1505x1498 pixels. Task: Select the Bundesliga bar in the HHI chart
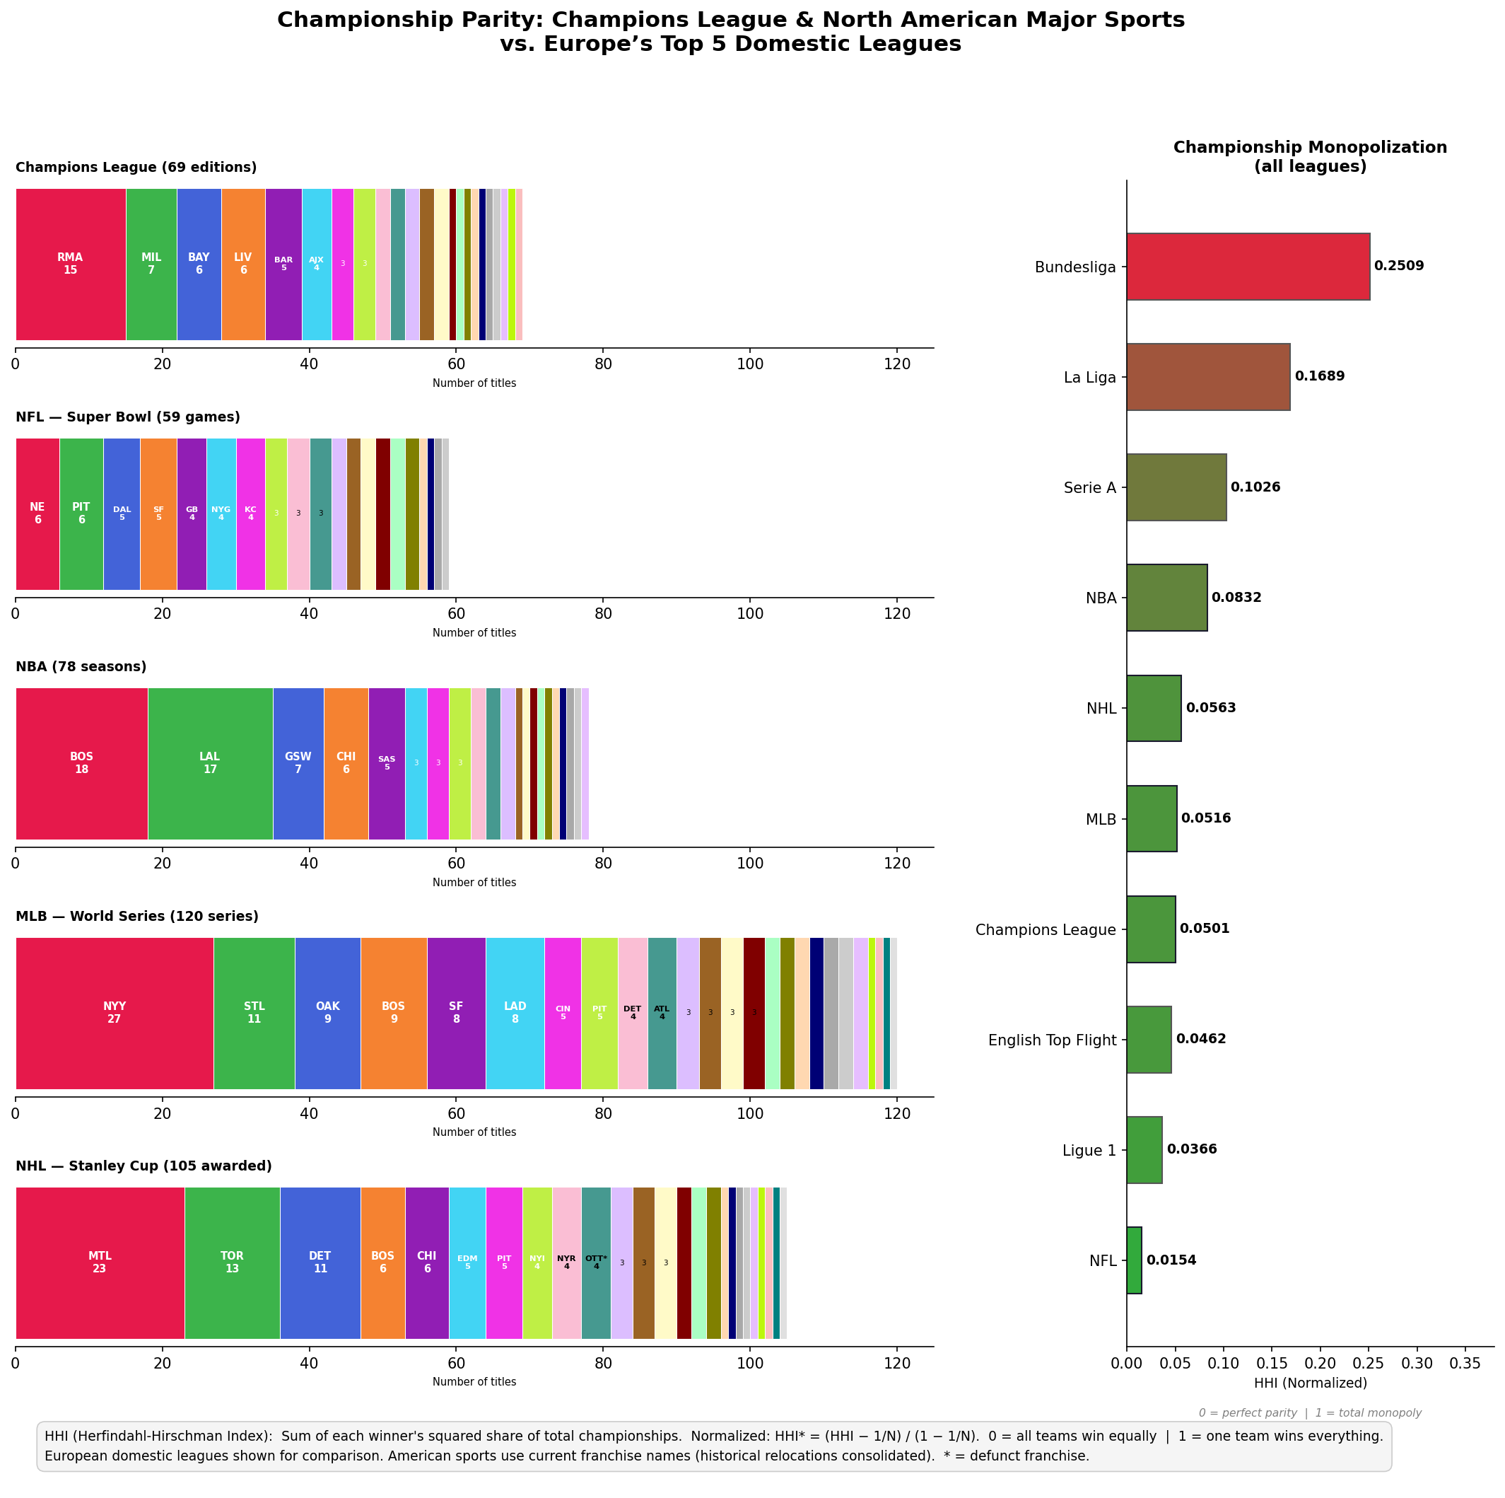[1247, 267]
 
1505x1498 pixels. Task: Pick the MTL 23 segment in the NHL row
[100, 1262]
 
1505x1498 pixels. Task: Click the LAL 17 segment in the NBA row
[209, 764]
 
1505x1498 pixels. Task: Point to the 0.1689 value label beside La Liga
[1319, 376]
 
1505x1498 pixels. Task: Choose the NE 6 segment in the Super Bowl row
[37, 513]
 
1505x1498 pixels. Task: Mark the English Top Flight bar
[1148, 1040]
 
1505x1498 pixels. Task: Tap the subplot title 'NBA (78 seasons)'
[81, 667]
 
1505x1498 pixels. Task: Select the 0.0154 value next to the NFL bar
[1171, 1260]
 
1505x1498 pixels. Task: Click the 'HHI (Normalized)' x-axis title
[1311, 1383]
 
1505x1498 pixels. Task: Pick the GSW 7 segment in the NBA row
[298, 764]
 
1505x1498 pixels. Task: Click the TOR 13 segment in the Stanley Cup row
[232, 1262]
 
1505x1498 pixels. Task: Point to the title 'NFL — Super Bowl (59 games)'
[128, 418]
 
